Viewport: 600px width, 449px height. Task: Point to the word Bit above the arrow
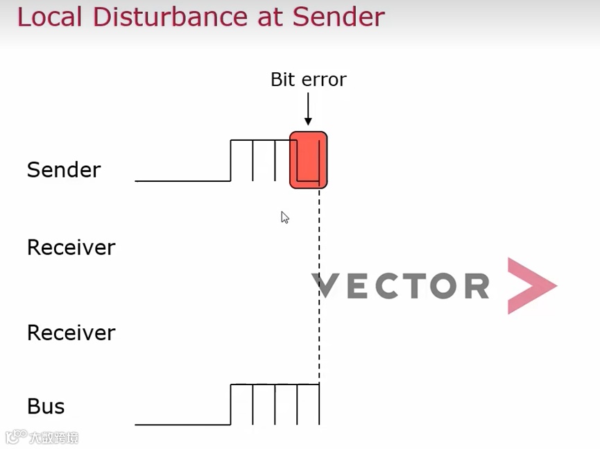(282, 80)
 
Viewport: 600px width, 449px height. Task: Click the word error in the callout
(323, 81)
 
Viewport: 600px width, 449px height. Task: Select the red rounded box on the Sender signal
(308, 160)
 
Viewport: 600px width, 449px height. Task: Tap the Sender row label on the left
(64, 170)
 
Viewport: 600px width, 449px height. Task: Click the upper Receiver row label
(71, 248)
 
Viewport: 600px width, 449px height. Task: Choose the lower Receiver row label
(71, 333)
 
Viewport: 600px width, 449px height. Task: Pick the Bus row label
(46, 407)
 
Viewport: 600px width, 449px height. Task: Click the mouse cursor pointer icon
(284, 217)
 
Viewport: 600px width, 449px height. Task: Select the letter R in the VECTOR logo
(477, 286)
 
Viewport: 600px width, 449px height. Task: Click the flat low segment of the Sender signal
(182, 180)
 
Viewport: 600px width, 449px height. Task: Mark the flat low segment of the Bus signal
(182, 424)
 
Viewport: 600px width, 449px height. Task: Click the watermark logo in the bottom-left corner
(42, 438)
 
